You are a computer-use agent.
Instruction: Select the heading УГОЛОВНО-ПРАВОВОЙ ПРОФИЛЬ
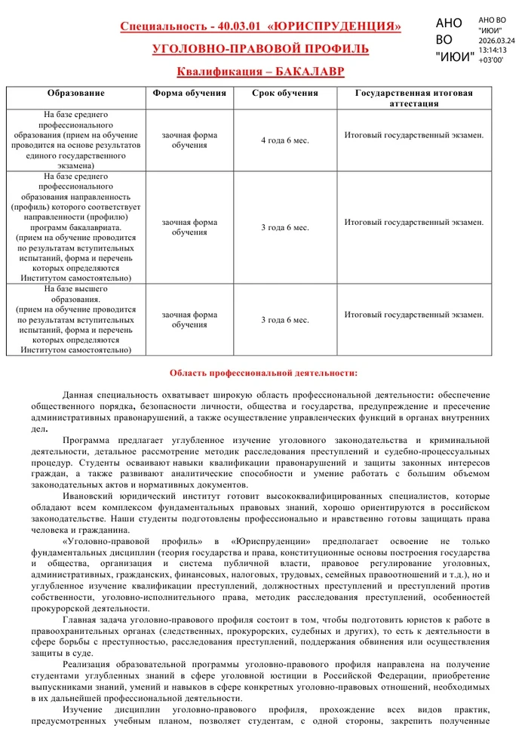point(260,50)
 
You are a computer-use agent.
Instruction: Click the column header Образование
point(75,94)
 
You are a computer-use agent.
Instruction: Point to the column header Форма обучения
point(189,94)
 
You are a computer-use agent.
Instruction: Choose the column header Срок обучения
point(284,94)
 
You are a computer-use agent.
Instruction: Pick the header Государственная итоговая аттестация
point(414,98)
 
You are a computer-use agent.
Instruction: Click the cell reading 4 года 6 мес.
point(284,140)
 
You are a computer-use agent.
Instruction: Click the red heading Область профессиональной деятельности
point(263,373)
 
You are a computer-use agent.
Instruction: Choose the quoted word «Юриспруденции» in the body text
point(273,542)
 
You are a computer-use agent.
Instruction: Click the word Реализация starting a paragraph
point(88,665)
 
